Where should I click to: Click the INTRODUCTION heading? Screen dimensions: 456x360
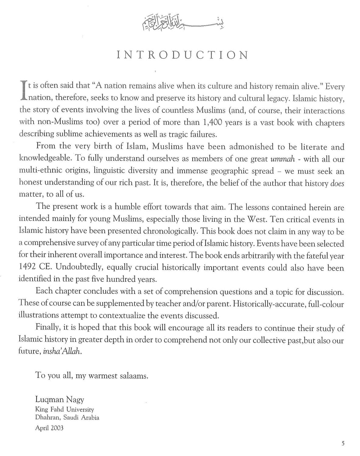coord(182,55)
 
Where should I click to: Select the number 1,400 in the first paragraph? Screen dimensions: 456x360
coord(212,123)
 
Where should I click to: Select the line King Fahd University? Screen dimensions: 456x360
coord(65,409)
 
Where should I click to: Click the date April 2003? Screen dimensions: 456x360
coord(49,428)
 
